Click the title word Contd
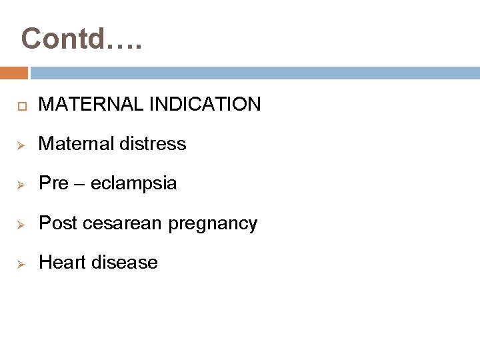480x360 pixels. pyautogui.click(x=64, y=39)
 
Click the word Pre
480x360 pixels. pyautogui.click(x=53, y=183)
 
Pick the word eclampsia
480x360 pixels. pyautogui.click(x=134, y=183)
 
